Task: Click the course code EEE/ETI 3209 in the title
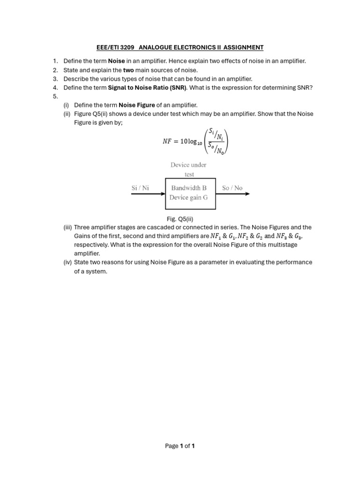point(115,47)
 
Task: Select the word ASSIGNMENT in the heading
point(243,47)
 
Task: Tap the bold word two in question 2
point(128,70)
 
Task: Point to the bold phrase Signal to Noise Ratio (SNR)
point(147,88)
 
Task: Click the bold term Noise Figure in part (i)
point(136,105)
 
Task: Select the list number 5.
point(55,96)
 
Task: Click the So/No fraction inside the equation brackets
point(216,149)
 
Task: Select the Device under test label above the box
point(188,169)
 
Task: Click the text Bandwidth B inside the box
point(189,188)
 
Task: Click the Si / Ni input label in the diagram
point(140,188)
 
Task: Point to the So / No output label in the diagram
point(232,188)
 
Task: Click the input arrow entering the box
point(148,194)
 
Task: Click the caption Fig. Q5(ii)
point(180,218)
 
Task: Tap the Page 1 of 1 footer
point(180,446)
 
